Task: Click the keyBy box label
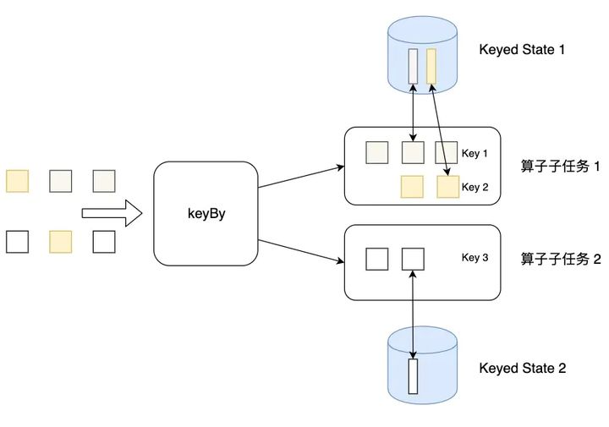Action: [206, 214]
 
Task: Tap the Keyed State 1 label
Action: [522, 50]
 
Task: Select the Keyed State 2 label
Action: [523, 368]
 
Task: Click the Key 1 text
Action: [475, 153]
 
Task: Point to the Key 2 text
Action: [475, 187]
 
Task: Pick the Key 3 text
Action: [475, 257]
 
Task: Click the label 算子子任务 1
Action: [560, 166]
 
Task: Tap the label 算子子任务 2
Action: [561, 259]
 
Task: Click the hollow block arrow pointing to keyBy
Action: [112, 213]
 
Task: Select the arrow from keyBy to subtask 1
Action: [301, 177]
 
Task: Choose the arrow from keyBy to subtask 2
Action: [301, 251]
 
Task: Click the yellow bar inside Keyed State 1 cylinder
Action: [431, 67]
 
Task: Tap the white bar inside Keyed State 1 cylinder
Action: [414, 67]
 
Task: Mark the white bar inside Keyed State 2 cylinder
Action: [413, 376]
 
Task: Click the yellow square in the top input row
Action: [17, 181]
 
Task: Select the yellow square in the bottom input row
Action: [61, 242]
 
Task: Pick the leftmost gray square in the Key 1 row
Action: [377, 152]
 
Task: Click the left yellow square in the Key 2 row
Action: [412, 187]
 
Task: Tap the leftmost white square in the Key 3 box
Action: [377, 259]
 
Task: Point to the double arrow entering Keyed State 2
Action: [413, 315]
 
